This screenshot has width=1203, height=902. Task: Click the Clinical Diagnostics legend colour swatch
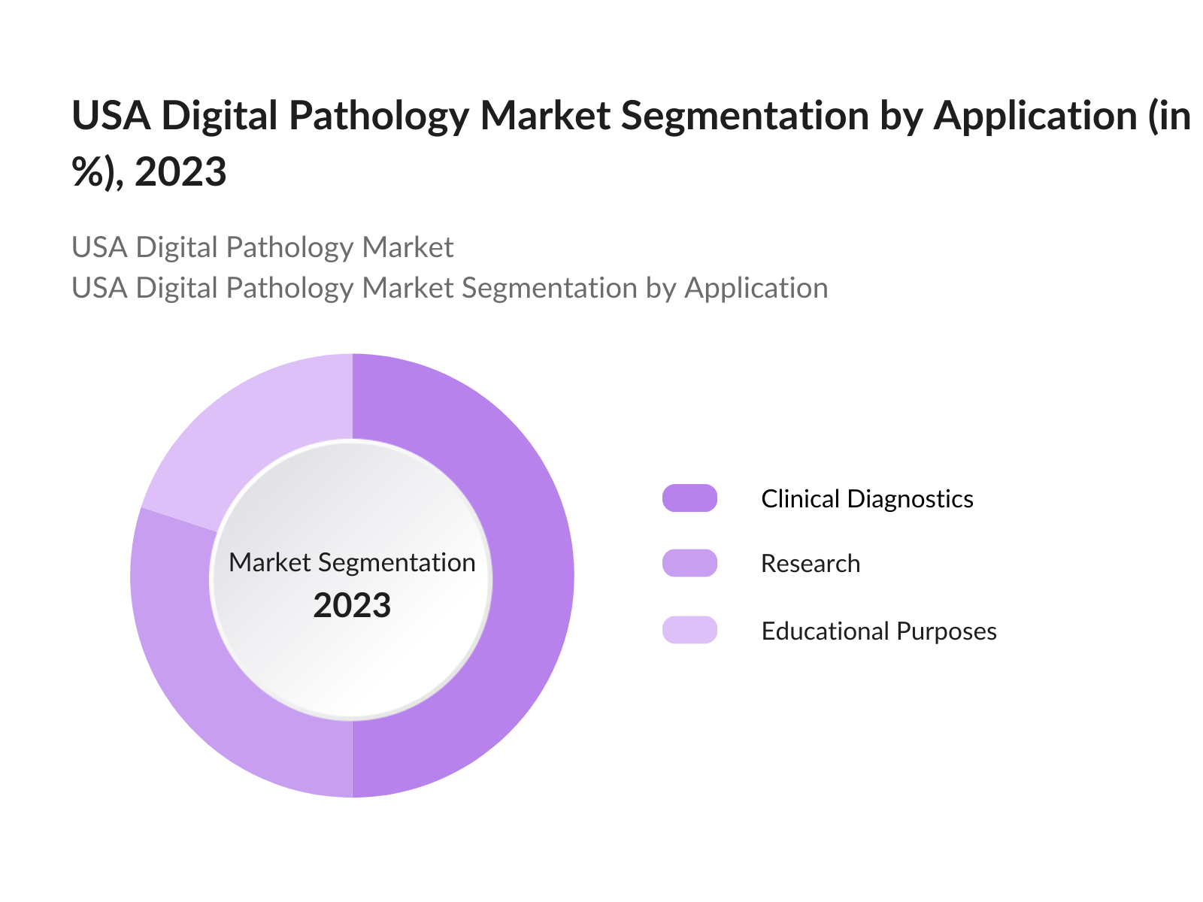coord(689,498)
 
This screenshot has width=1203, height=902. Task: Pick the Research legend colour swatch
coord(689,563)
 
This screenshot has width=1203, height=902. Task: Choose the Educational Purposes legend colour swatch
coord(689,630)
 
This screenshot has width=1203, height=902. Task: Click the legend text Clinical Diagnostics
coord(867,499)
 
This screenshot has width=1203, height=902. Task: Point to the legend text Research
coord(810,564)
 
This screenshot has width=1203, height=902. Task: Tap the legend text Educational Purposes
coord(878,631)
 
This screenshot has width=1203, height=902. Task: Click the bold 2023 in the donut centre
coord(352,606)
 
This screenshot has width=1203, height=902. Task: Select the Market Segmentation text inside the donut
coord(352,562)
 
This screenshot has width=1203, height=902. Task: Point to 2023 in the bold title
coord(180,172)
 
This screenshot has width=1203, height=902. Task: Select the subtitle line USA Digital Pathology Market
coord(262,247)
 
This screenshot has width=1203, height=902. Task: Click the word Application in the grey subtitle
coord(756,288)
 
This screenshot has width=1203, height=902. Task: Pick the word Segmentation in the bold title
coord(744,117)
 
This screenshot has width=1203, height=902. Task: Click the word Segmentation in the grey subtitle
coord(549,288)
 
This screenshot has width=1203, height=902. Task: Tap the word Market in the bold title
coord(544,117)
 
